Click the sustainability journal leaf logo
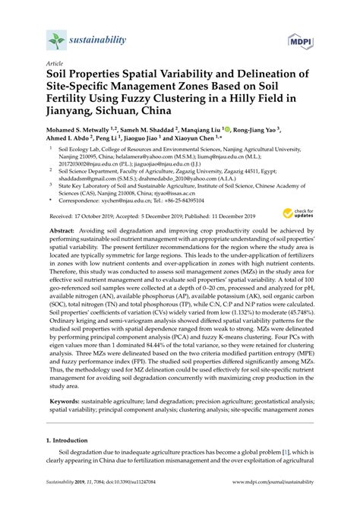pos(55,39)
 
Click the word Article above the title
pos(55,64)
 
